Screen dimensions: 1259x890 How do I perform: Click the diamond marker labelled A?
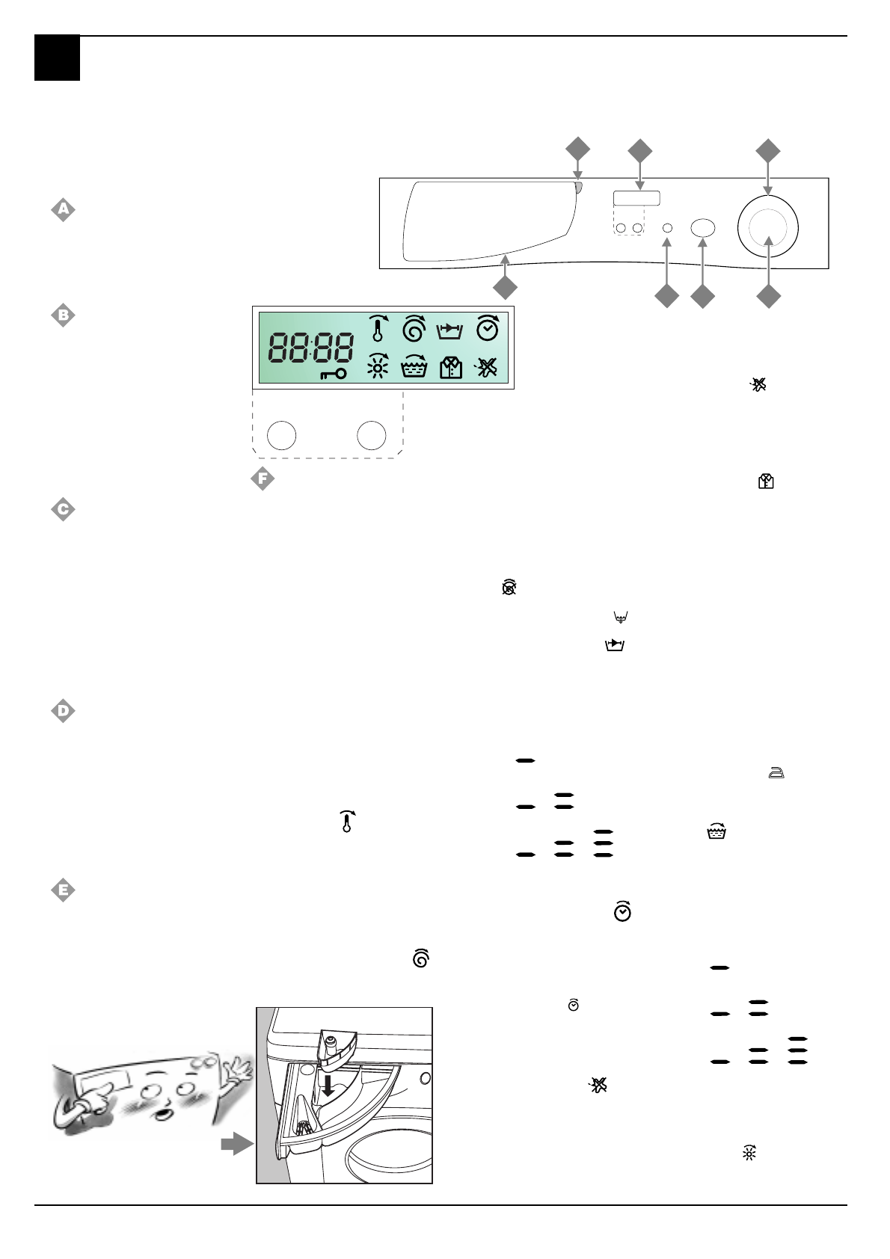[63, 210]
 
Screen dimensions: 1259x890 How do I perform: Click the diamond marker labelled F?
[262, 479]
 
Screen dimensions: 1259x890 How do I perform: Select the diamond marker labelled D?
[63, 711]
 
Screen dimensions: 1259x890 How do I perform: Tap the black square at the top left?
[57, 58]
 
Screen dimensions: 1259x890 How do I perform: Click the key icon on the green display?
[333, 374]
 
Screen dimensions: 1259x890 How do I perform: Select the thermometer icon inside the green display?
[378, 329]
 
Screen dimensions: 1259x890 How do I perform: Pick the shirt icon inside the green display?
[451, 367]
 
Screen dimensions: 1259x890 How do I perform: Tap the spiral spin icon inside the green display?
[414, 329]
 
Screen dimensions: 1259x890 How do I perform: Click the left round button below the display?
[282, 435]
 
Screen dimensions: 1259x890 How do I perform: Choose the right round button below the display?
[372, 435]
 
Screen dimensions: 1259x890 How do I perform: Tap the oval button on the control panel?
[702, 228]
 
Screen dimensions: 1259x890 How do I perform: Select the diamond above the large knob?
[767, 150]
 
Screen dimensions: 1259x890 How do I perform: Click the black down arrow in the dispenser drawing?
[328, 1085]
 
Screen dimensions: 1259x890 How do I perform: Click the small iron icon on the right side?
[776, 774]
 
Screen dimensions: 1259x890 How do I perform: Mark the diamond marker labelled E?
[63, 890]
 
